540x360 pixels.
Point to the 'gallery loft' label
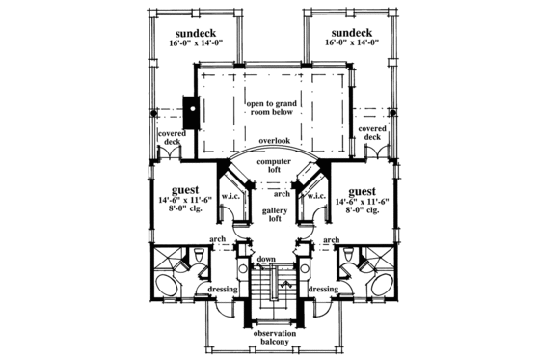pos(269,214)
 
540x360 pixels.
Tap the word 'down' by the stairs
pos(266,260)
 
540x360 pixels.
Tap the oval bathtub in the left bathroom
pos(170,287)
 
